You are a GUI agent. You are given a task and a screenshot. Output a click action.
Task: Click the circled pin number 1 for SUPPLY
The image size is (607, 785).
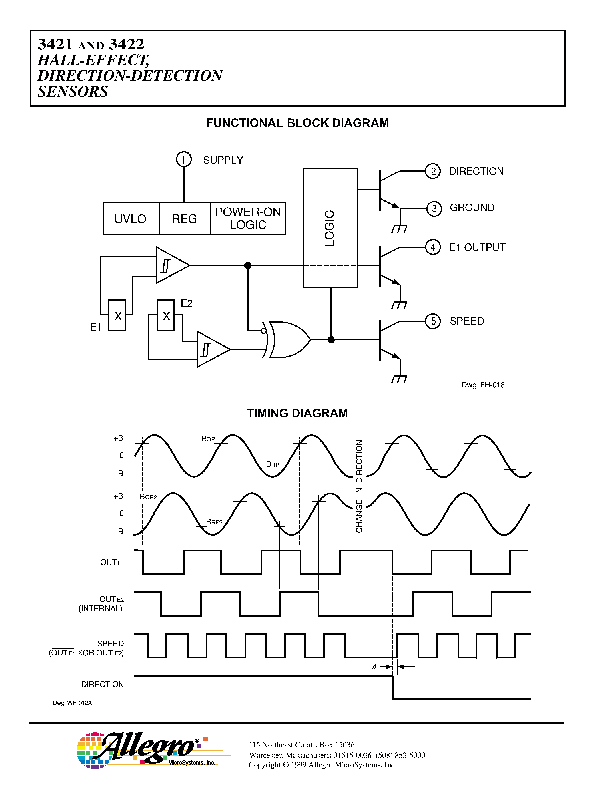(183, 159)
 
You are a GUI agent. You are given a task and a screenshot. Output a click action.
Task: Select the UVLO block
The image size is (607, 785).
(131, 219)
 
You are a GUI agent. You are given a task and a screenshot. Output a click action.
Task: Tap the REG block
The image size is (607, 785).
(185, 219)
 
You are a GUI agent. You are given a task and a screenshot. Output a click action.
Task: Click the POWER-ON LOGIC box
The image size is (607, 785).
(248, 219)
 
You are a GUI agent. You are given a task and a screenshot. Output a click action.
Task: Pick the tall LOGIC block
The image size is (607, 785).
(330, 228)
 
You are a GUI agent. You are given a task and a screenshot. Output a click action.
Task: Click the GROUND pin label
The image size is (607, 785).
(472, 208)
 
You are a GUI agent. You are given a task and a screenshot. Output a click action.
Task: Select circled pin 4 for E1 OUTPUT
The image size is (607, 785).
(433, 247)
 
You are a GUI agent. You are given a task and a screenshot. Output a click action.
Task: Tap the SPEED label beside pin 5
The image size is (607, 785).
(467, 321)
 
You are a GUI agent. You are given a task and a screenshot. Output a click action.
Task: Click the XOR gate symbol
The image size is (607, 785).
(288, 340)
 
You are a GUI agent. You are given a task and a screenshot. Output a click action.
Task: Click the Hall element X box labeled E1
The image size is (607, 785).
(117, 315)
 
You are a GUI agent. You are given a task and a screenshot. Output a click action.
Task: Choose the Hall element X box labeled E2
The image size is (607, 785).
(166, 315)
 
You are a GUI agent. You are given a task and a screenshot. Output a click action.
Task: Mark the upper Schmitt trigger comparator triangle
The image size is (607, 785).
(171, 265)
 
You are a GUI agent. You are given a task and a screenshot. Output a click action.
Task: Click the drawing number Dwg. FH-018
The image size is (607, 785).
(483, 385)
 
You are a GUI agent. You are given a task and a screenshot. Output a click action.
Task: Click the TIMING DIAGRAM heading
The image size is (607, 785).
(297, 413)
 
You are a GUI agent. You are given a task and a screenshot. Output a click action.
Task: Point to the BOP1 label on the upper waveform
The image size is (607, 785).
(210, 439)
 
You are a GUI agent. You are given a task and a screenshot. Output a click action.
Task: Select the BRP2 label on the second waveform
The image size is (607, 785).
(214, 522)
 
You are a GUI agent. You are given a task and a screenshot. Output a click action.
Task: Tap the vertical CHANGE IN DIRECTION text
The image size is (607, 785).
(359, 486)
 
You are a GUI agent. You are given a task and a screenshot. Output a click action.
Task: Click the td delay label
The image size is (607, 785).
(374, 666)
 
